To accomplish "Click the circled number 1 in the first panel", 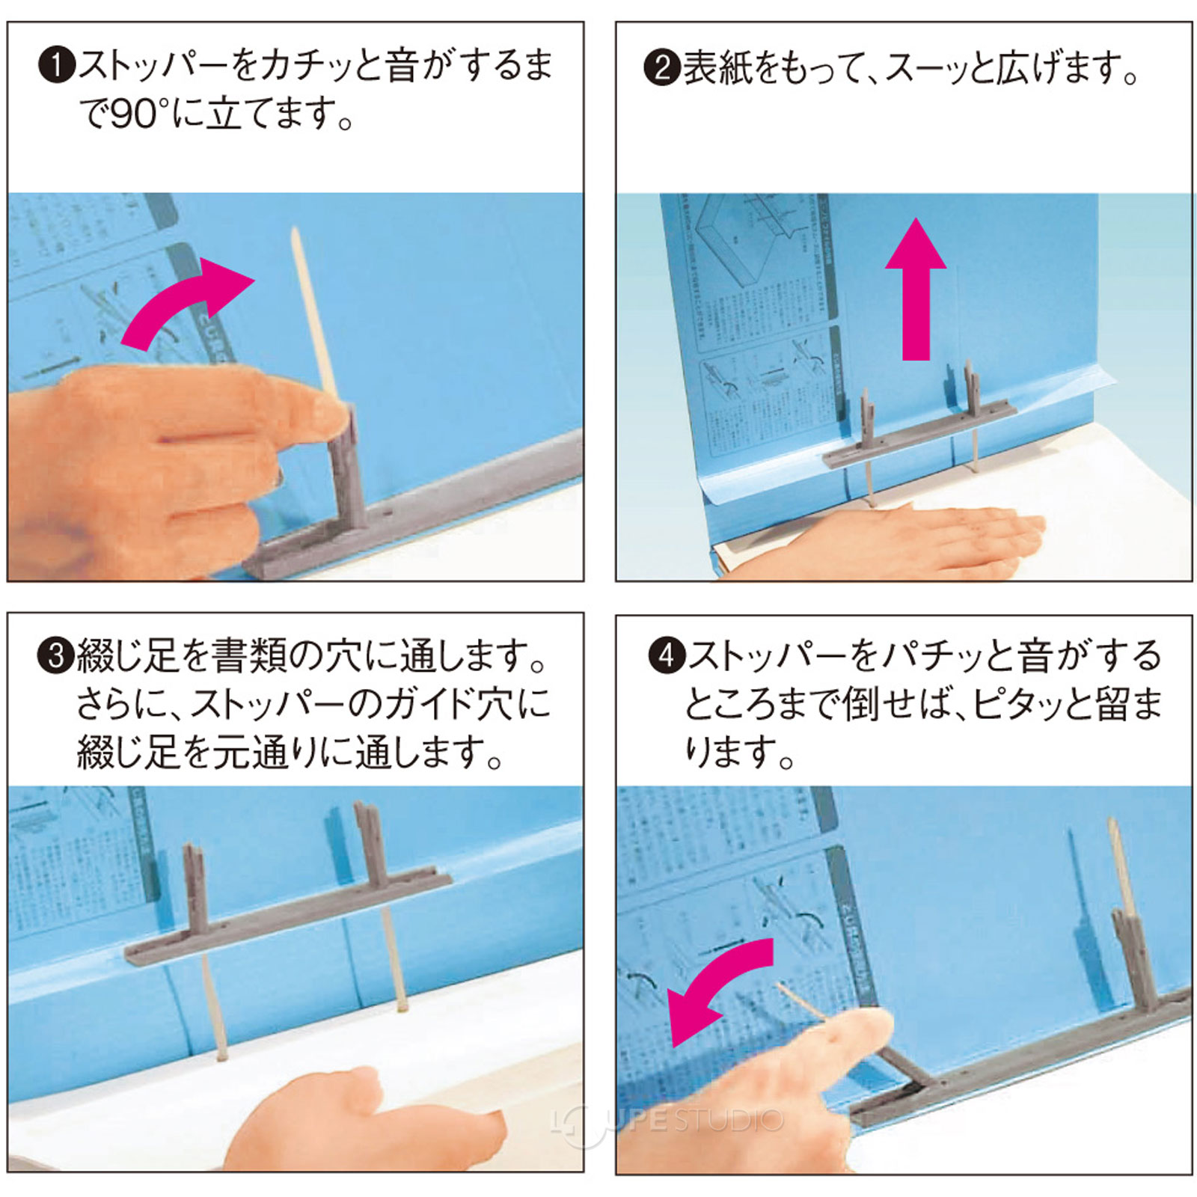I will coord(57,66).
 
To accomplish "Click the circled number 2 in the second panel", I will coord(661,68).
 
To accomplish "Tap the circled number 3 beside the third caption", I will coord(57,656).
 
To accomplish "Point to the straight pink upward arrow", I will coord(916,292).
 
